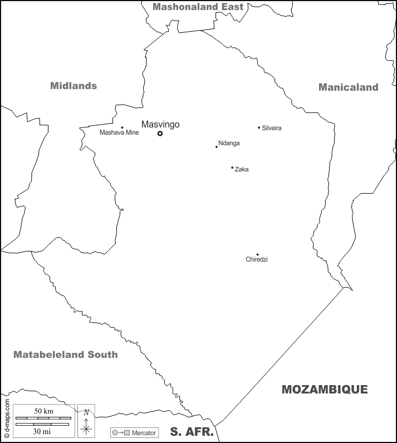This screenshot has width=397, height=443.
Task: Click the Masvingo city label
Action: (160, 125)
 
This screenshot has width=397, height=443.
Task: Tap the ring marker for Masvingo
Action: (160, 134)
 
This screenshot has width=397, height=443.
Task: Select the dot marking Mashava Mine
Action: (122, 127)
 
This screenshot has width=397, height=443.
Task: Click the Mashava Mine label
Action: (119, 133)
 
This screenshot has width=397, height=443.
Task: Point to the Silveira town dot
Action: (259, 127)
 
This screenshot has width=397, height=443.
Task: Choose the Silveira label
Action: (272, 129)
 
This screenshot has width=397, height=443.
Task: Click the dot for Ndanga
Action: (217, 146)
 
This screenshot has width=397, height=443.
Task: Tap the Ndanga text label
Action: (229, 144)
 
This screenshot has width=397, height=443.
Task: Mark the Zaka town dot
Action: (232, 168)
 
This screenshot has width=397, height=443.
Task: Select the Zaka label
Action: (242, 169)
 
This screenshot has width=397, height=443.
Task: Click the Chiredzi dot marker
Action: (257, 254)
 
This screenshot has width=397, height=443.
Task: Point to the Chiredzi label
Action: (257, 260)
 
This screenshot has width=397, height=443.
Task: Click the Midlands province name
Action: (73, 86)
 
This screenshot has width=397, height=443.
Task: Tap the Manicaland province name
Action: (348, 87)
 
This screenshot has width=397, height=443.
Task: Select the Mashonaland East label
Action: (198, 7)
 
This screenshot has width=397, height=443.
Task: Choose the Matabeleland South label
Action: (66, 355)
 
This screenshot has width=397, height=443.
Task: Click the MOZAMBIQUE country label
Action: (325, 390)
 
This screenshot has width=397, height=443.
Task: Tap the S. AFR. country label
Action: (192, 432)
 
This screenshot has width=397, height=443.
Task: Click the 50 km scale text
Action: (43, 411)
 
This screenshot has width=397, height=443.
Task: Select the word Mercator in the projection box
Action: (144, 432)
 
